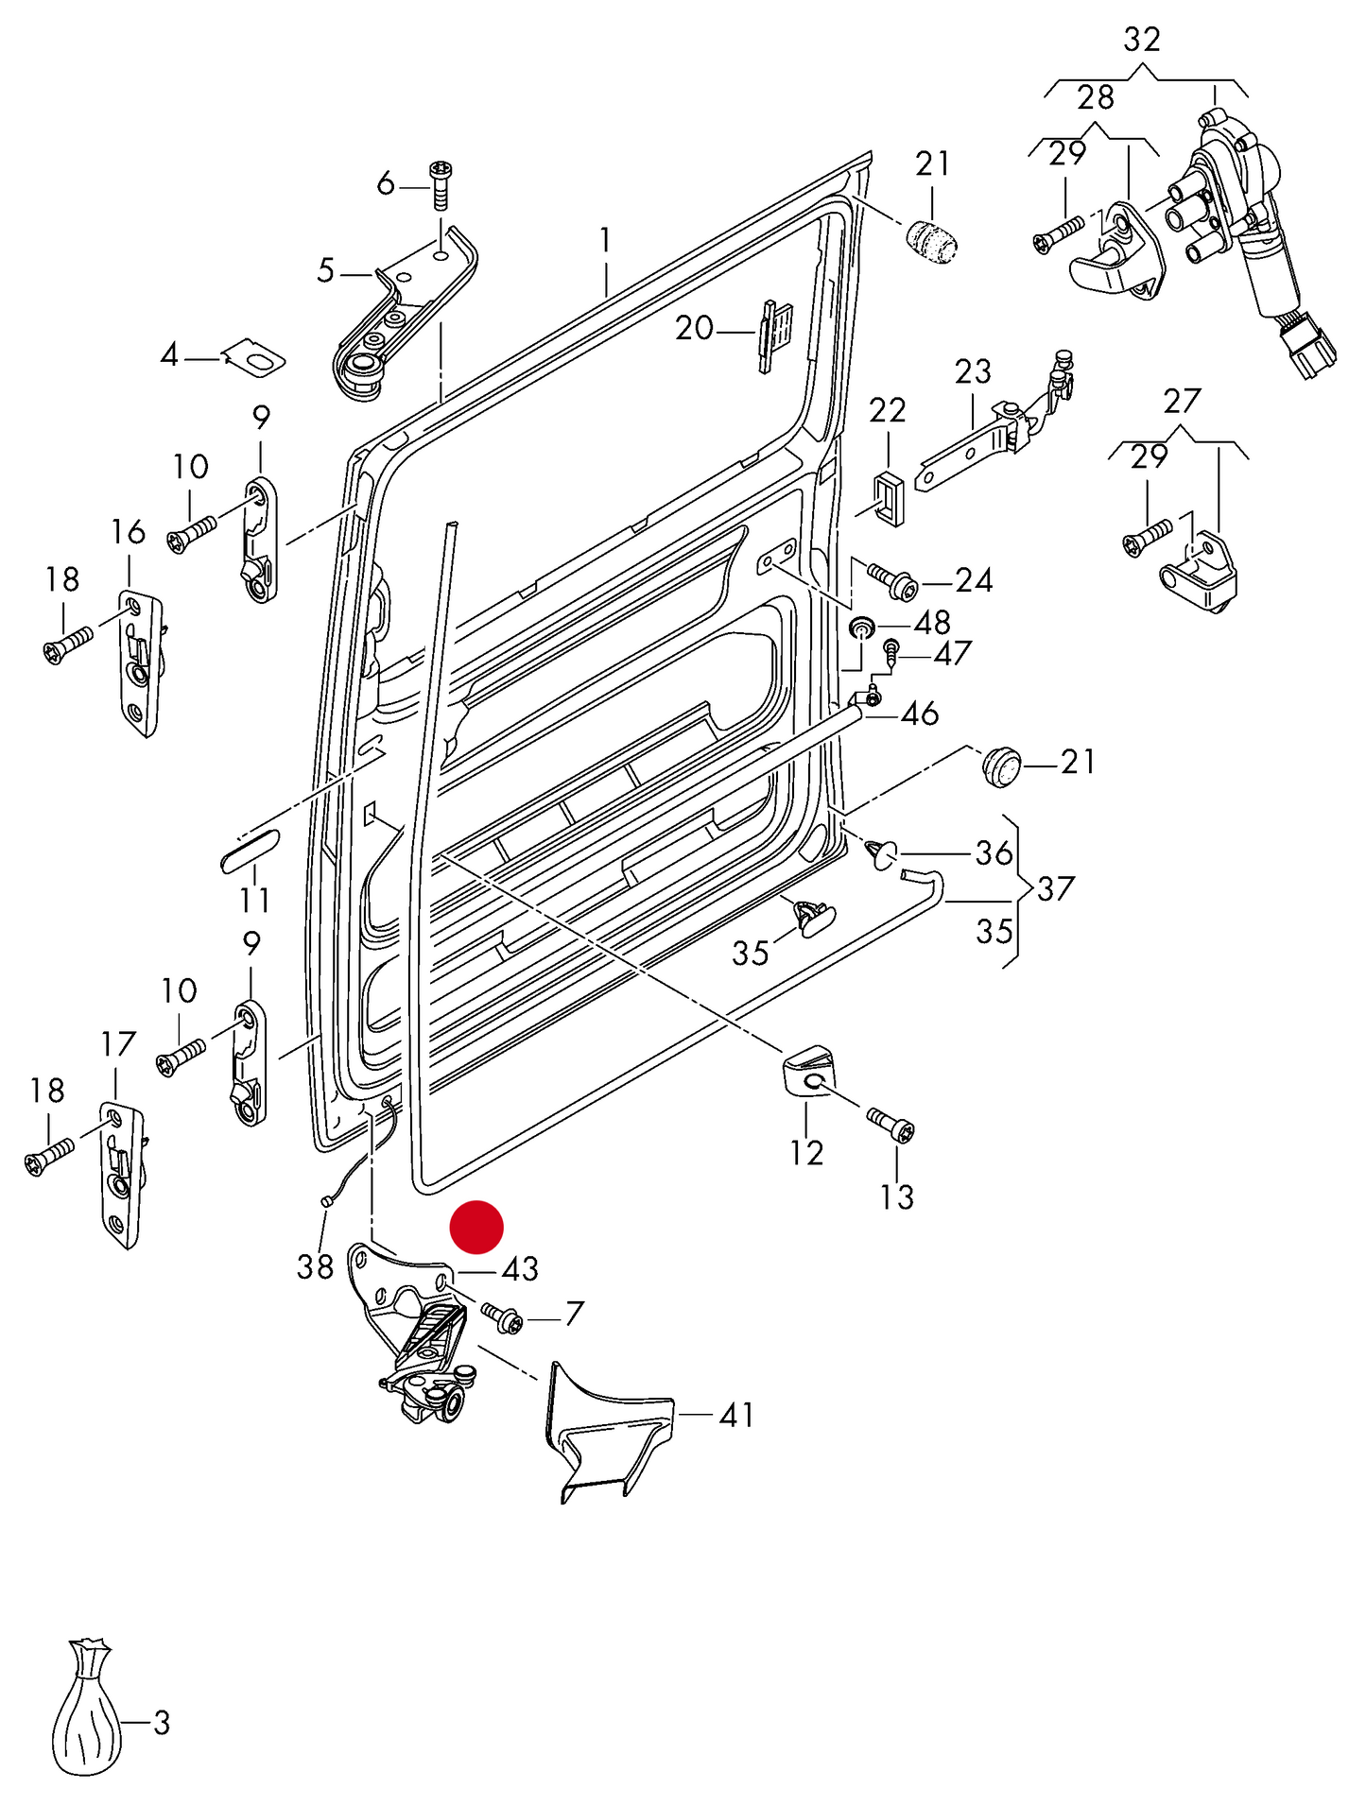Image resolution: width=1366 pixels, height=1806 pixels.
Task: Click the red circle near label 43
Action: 476,1227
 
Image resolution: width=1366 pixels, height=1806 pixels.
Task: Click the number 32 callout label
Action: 1141,40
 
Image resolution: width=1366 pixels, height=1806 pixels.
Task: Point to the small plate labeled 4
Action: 255,357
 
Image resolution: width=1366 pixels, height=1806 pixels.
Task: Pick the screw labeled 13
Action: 890,1126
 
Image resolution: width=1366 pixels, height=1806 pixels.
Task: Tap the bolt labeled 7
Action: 502,1316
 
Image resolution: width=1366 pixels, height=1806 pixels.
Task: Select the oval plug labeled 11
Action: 250,848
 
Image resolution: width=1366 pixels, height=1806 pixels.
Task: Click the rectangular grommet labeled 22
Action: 887,497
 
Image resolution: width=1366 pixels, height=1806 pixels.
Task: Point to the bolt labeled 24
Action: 891,580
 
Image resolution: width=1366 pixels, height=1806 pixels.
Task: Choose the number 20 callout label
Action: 694,329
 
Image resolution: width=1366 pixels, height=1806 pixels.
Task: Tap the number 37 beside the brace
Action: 1055,888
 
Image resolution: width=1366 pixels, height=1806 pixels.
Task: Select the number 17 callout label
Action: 118,1044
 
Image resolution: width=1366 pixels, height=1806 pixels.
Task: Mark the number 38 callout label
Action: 315,1266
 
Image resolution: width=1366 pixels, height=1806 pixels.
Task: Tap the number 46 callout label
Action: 919,714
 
